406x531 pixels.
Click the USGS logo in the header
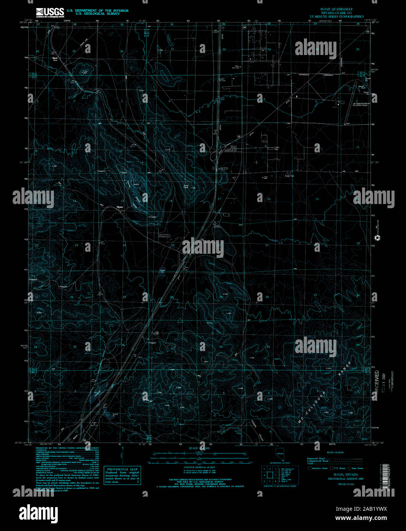50,13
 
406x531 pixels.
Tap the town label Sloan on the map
120,207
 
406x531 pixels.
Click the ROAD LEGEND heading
335,452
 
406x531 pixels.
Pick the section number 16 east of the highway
269,199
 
